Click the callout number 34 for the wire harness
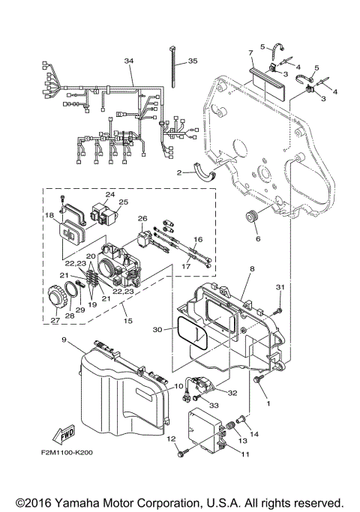click(x=129, y=61)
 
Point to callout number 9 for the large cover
click(x=64, y=340)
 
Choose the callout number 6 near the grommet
click(x=259, y=239)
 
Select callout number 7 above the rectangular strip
click(x=250, y=53)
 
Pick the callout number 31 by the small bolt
click(x=279, y=287)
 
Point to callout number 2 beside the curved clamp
click(x=180, y=172)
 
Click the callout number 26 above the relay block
click(x=141, y=219)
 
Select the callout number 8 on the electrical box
click(x=252, y=267)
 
